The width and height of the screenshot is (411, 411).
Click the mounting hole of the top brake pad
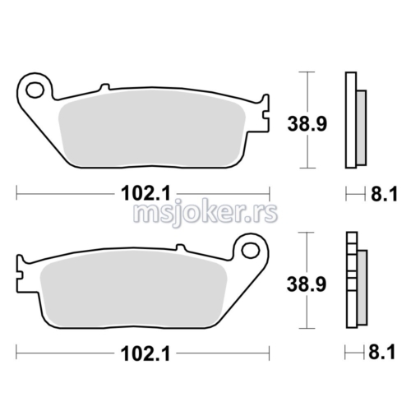tap(35, 90)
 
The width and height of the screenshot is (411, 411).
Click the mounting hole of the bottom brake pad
tap(250, 250)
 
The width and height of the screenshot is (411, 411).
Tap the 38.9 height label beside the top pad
tap(307, 124)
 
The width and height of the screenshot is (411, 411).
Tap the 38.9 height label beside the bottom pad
tap(307, 284)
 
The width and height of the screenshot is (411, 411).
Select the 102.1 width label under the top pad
tap(145, 193)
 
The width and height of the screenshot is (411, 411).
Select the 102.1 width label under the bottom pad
tap(145, 353)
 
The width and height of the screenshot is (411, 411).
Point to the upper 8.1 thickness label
tap(384, 194)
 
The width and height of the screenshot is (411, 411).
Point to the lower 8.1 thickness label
tap(382, 352)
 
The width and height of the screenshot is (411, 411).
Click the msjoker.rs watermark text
tap(205, 212)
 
